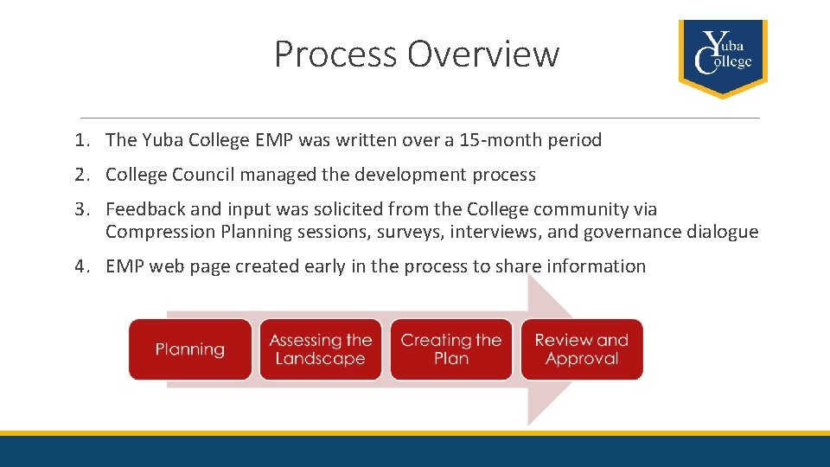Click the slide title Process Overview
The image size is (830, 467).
pos(417,54)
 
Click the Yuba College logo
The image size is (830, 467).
pos(723,58)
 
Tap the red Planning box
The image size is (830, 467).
pos(190,349)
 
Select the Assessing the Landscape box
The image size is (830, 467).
pos(320,349)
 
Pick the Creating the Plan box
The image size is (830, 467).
pos(451,349)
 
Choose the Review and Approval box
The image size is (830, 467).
pos(582,349)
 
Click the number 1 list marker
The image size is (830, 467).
pos(81,140)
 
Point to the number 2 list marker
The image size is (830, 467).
pos(81,175)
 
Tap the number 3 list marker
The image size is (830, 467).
pos(81,209)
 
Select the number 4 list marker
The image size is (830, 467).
pos(81,266)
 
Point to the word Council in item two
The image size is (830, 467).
pos(202,175)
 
